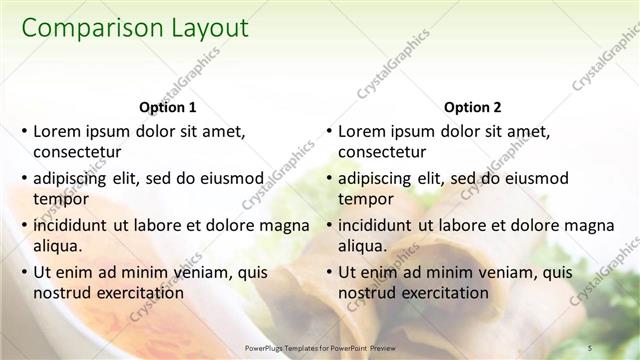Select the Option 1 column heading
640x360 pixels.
(165, 107)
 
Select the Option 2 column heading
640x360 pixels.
(471, 107)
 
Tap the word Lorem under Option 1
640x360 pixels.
(58, 131)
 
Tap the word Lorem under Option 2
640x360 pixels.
(363, 131)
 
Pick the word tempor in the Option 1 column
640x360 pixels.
(59, 200)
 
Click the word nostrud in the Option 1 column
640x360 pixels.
(62, 293)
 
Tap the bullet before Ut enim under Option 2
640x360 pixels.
(328, 271)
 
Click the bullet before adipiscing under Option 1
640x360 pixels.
(23, 178)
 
